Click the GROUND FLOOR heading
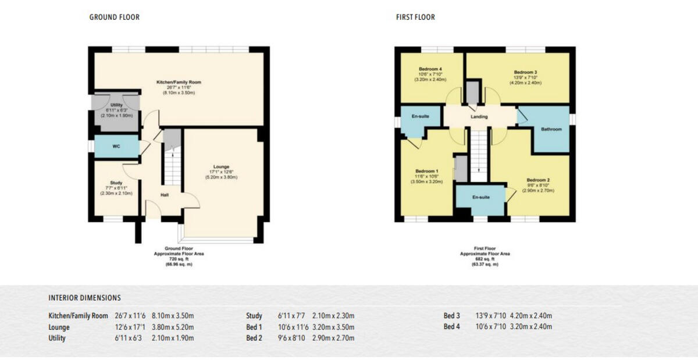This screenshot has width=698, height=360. (x=114, y=17)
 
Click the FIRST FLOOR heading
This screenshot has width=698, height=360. (x=415, y=17)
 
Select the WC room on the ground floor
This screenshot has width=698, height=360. (x=116, y=147)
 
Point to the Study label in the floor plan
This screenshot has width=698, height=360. (x=116, y=183)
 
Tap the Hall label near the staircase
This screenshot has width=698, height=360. (x=165, y=195)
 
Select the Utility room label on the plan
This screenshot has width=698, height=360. (x=117, y=105)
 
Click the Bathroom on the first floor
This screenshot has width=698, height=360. (x=551, y=129)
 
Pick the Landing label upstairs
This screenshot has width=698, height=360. (x=479, y=117)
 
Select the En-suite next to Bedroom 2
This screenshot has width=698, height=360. (x=480, y=197)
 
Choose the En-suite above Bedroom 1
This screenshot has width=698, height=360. (x=420, y=117)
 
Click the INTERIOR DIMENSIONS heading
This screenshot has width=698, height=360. (x=84, y=298)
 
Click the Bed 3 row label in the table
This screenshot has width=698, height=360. (x=451, y=316)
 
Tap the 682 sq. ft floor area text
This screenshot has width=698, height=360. (x=485, y=259)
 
